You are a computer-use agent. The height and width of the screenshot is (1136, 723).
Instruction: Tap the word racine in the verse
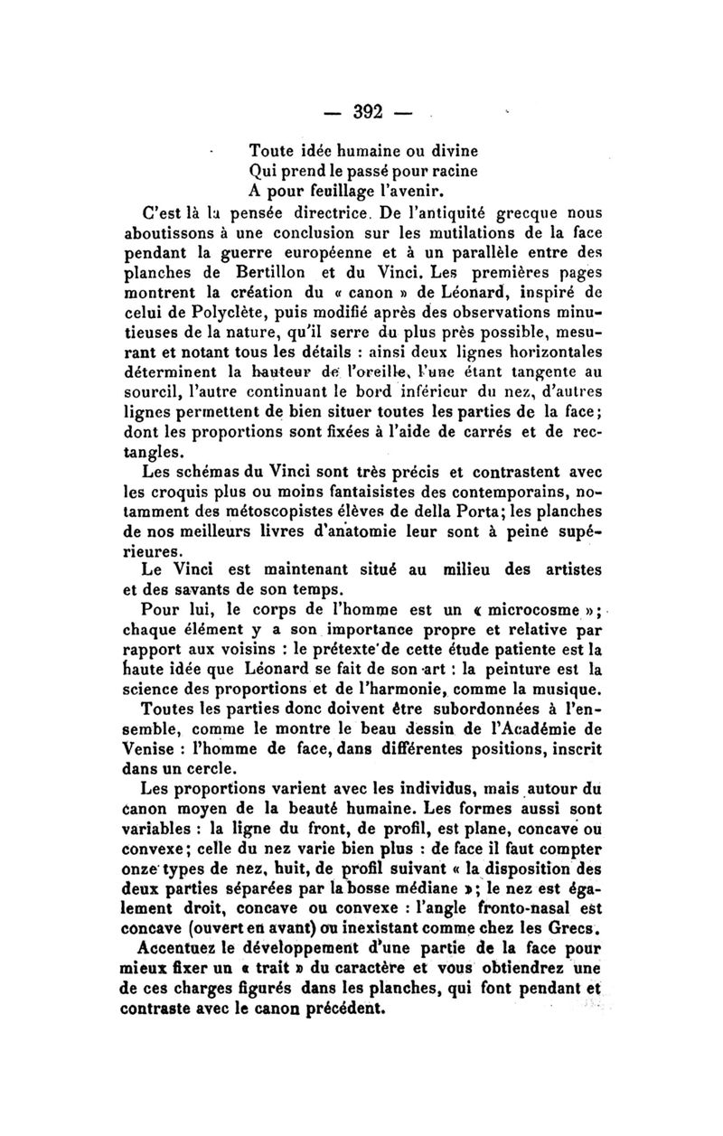pyautogui.click(x=449, y=169)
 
